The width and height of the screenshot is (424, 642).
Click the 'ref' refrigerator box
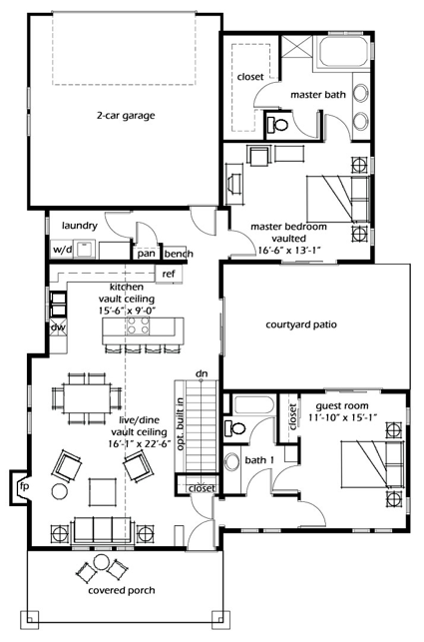pyautogui.click(x=169, y=274)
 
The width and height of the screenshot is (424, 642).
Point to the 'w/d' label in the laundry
pyautogui.click(x=62, y=250)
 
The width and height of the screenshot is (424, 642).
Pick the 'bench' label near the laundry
pyautogui.click(x=179, y=254)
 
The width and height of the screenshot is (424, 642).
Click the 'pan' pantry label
pyautogui.click(x=147, y=254)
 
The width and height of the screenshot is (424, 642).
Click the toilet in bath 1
pyautogui.click(x=234, y=428)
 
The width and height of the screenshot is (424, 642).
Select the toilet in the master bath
pyautogui.click(x=281, y=126)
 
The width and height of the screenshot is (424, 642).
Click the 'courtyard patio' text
pyautogui.click(x=304, y=324)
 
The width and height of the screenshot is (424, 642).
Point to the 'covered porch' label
pyautogui.click(x=113, y=590)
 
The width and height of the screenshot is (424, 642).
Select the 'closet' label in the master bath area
pyautogui.click(x=249, y=76)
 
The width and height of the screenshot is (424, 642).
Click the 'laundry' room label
pyautogui.click(x=78, y=225)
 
